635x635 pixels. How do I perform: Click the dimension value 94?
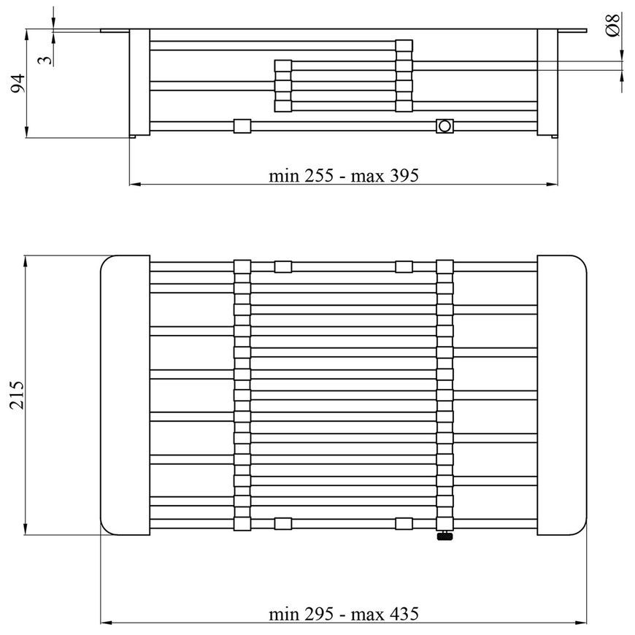tap(18, 83)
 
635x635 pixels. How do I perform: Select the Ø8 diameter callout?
tap(612, 25)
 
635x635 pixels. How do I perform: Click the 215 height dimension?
tap(17, 395)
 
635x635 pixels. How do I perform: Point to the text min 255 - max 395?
tap(344, 176)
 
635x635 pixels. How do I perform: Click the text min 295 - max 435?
tap(344, 614)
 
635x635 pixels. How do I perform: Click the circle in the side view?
tap(445, 126)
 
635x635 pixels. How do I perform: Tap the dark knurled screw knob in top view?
tap(445, 536)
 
